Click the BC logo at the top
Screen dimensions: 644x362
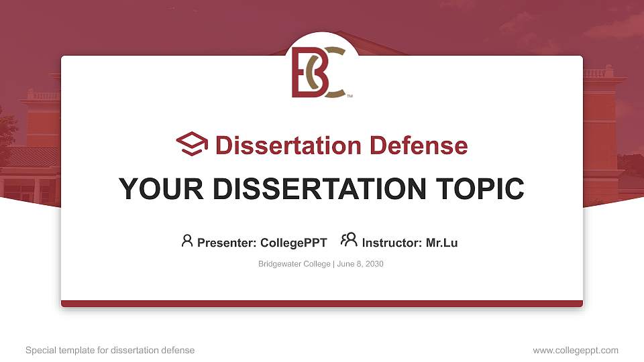319,72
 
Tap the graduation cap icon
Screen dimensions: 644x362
192,143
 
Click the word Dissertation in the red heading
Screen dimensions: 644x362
288,145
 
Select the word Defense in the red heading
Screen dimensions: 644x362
419,145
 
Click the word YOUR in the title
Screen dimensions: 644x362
161,189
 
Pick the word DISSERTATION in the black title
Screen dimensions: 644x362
319,189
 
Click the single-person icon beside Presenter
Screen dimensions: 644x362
187,241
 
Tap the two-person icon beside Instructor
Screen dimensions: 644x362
349,240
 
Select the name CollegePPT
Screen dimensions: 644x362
294,243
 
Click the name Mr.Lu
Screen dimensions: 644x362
441,243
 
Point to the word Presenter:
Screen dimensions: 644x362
227,243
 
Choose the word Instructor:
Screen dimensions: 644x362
392,243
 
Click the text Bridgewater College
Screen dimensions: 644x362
294,264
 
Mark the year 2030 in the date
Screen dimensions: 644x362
374,263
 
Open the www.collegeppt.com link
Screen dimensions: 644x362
576,351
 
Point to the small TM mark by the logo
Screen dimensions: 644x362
350,96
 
